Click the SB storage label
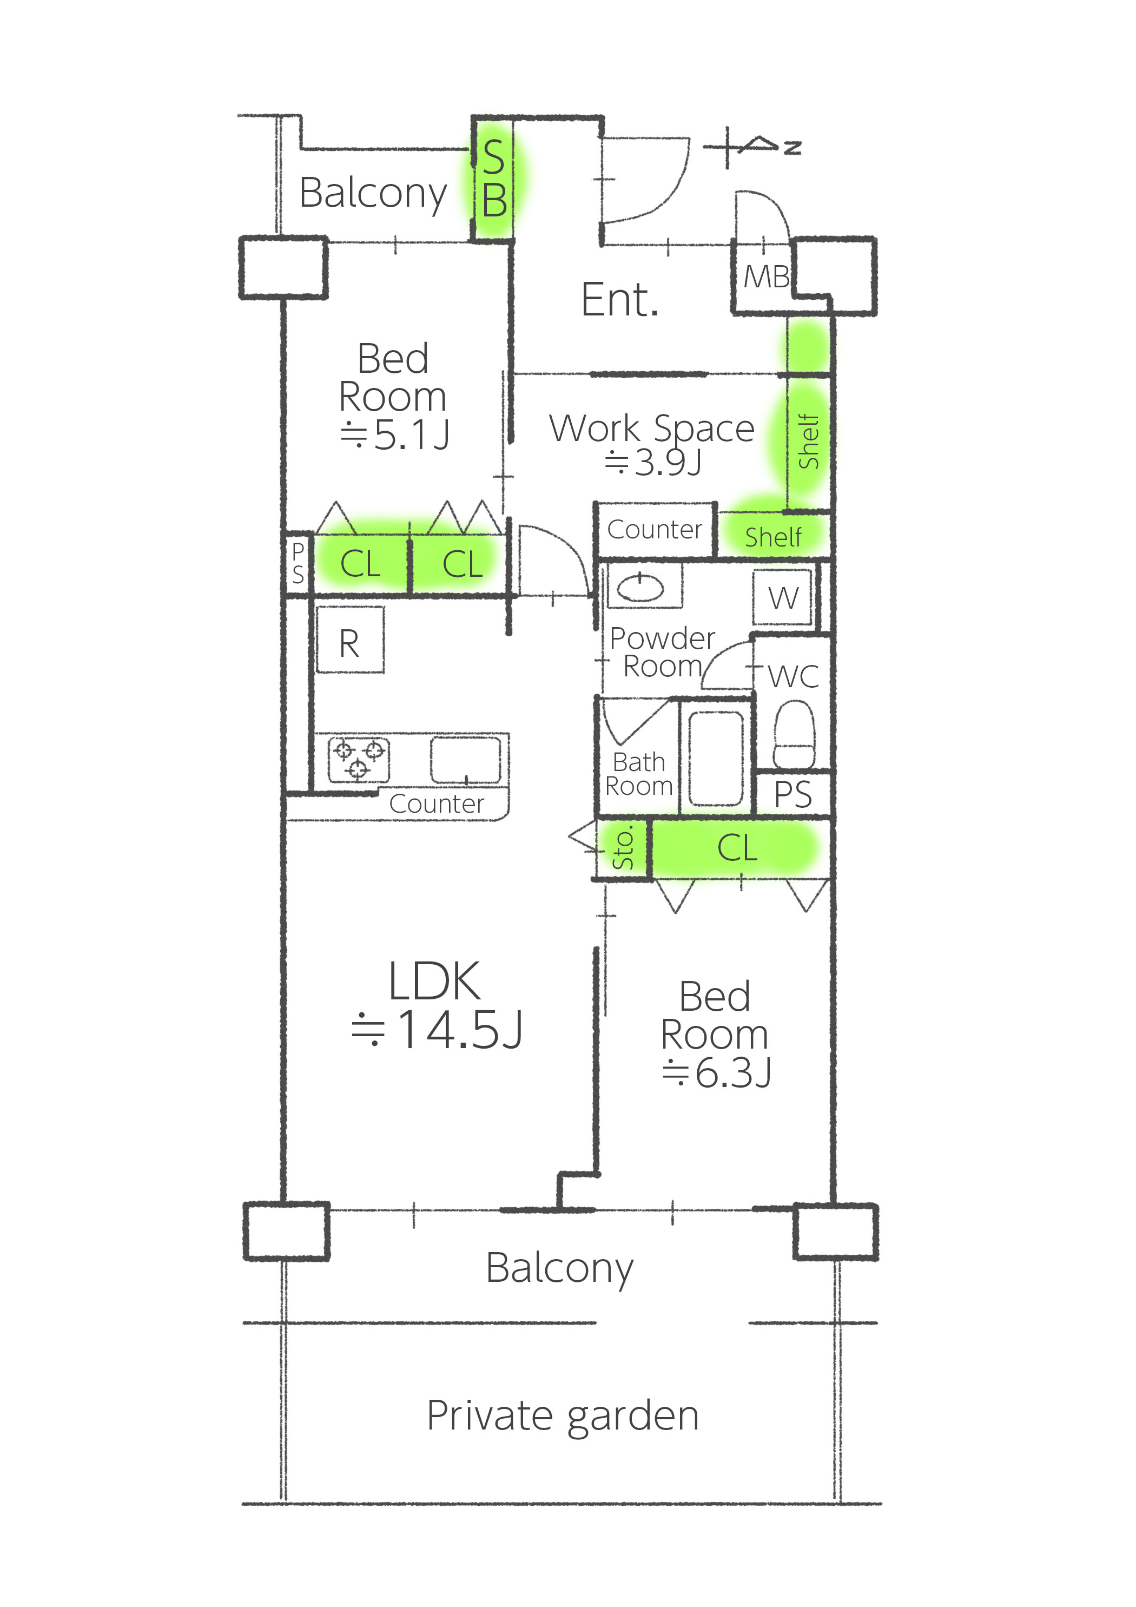coord(494,179)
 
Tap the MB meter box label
coord(767,277)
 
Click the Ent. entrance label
coord(620,300)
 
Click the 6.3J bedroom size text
coord(717,1073)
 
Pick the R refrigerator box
coord(350,640)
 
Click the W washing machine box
coord(783,598)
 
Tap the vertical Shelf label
coord(808,441)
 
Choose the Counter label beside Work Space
coord(655,530)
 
